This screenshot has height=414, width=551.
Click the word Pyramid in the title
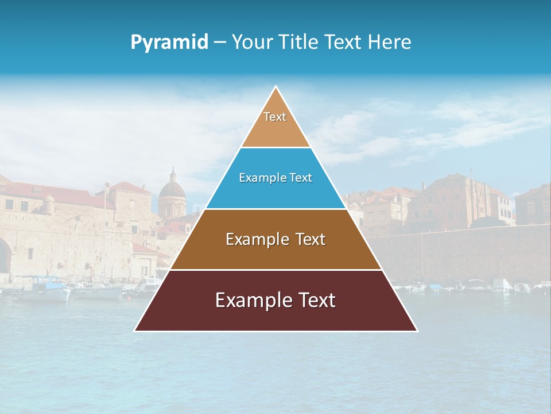point(169,43)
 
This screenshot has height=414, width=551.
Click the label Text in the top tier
point(275,117)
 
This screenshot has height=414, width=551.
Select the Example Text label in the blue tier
point(275,178)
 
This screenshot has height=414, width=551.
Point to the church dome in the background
point(172,193)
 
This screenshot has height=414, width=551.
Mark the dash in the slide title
point(220,43)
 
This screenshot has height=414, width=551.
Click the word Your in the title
point(251,43)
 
